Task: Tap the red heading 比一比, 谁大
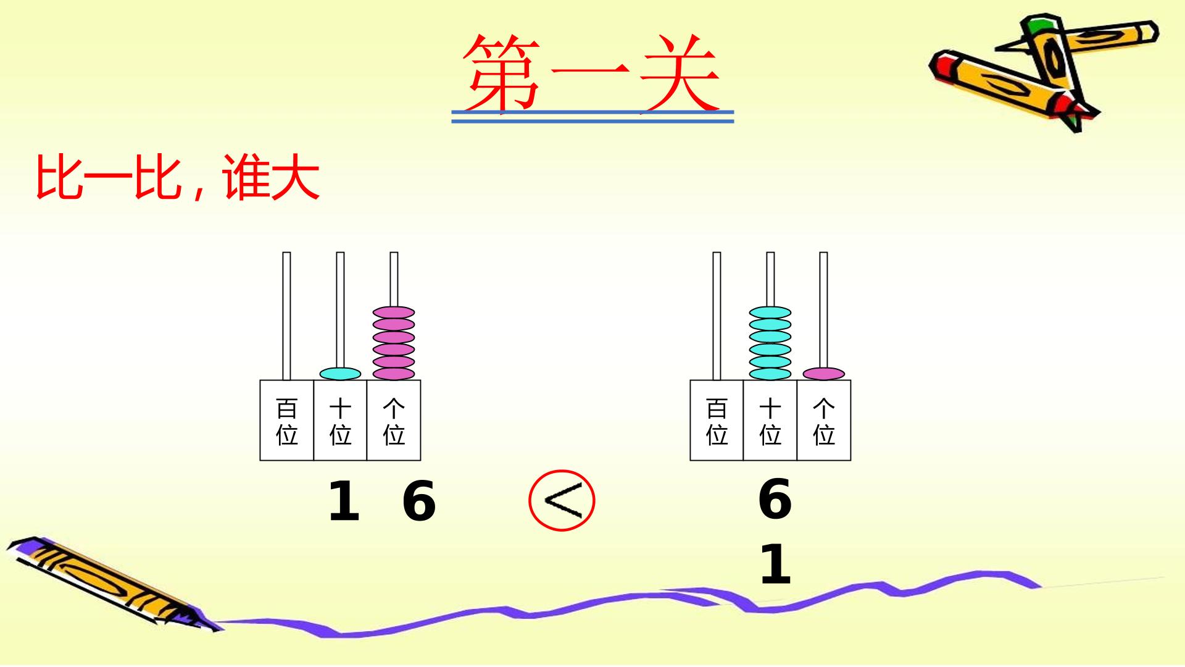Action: coord(178,177)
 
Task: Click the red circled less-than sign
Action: coord(562,500)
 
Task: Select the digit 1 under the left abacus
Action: coord(344,501)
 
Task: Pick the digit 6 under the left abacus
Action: coord(419,501)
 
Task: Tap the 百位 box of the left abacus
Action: coord(286,420)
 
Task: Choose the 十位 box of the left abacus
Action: coord(340,420)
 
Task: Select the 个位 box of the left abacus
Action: coord(394,420)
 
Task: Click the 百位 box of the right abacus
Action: coord(717,420)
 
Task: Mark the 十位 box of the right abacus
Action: coord(770,420)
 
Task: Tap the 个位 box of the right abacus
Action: coord(824,420)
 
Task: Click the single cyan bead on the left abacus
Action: coord(340,374)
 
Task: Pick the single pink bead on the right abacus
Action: coord(824,374)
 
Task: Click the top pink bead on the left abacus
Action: coord(394,313)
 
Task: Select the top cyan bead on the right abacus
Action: coord(770,313)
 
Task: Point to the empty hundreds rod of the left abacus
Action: coord(286,316)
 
